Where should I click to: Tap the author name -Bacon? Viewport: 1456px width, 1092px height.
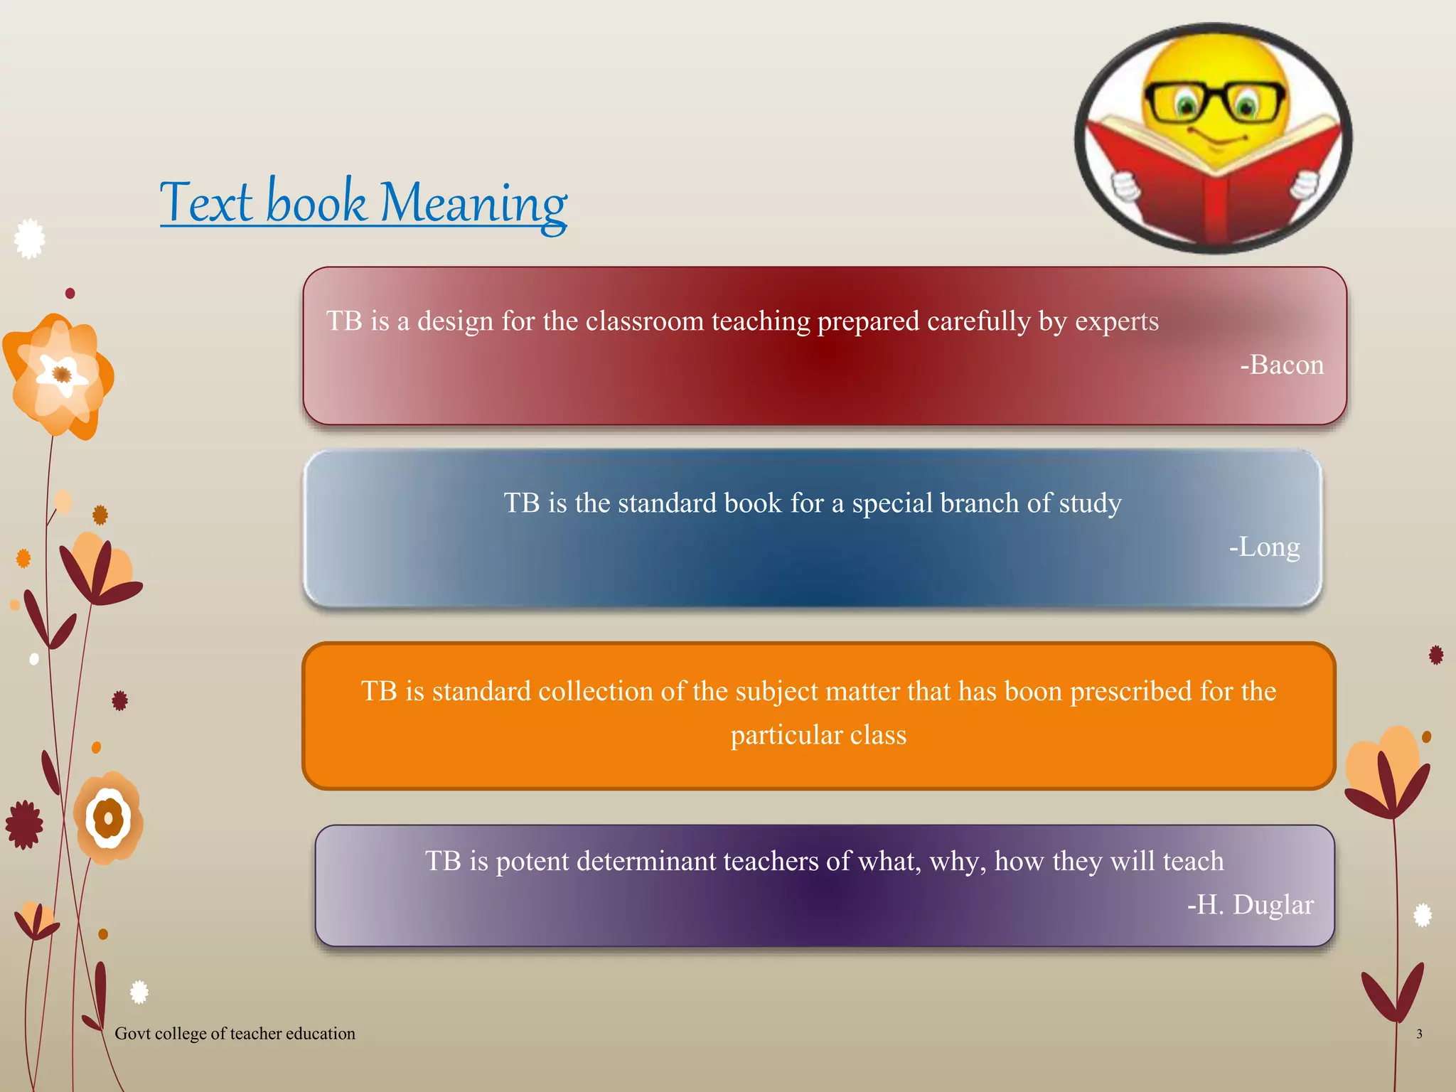coord(1282,365)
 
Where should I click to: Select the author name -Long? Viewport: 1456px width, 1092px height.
coord(1264,547)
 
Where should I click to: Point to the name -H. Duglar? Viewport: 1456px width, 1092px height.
coord(1250,904)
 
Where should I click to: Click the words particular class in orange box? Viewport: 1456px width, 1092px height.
coord(818,735)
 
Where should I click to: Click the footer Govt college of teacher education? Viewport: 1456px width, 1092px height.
coord(235,1034)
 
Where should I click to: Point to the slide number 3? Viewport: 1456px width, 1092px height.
coord(1419,1034)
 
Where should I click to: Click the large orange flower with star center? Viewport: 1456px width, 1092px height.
coord(60,375)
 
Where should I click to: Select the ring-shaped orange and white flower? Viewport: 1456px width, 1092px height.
coord(108,818)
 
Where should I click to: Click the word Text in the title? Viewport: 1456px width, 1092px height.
coord(206,203)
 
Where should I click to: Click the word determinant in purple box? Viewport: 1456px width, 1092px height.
coord(646,861)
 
